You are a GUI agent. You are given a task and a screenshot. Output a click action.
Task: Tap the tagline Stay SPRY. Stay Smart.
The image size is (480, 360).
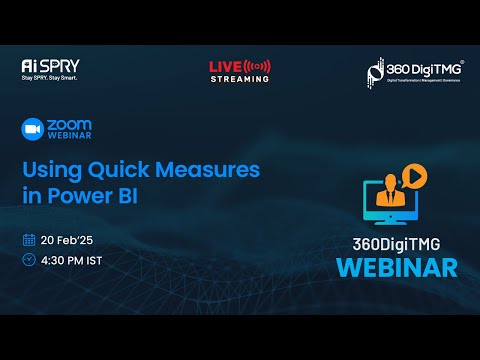point(50,77)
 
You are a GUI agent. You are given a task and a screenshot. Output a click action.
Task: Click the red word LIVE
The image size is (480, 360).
point(225,66)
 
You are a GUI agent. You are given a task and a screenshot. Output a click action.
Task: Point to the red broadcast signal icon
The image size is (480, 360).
point(256,66)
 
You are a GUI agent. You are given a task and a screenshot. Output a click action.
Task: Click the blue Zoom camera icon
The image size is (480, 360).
point(33,130)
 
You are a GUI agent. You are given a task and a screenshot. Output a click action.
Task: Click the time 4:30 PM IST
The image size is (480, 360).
point(73,260)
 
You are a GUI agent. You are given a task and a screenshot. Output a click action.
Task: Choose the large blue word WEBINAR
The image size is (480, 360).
point(397,267)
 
